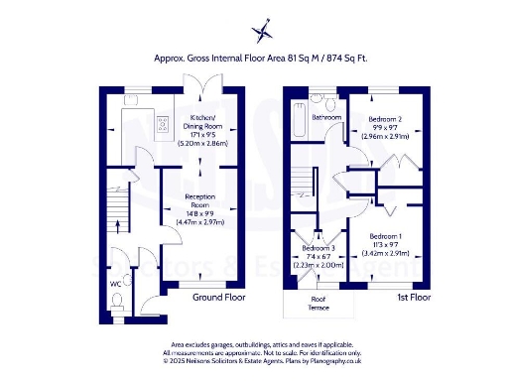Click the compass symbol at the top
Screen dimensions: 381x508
[x=262, y=29]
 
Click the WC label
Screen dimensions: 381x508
[x=115, y=285]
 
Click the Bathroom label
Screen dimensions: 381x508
[x=326, y=117]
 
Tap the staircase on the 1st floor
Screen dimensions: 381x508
[x=303, y=185]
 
